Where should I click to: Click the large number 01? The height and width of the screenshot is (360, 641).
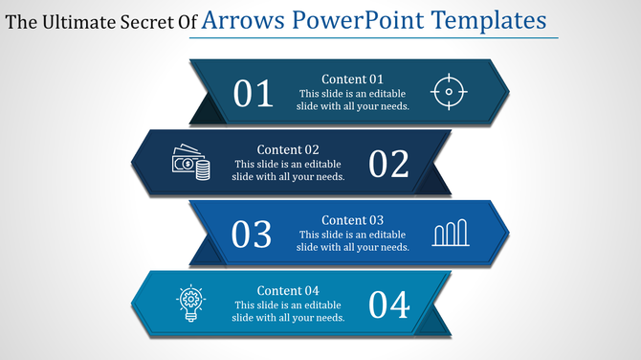tap(254, 93)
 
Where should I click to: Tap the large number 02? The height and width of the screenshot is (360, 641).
tap(388, 164)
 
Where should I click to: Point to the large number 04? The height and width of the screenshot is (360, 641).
tap(388, 304)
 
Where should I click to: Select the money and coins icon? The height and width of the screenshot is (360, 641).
tap(190, 163)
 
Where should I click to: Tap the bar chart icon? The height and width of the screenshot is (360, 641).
tap(450, 234)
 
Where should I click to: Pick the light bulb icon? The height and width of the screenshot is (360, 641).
tap(190, 304)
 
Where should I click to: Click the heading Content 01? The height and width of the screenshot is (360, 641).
tap(352, 79)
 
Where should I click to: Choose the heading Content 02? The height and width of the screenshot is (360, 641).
tap(288, 149)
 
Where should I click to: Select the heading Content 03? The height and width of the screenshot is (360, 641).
tap(352, 220)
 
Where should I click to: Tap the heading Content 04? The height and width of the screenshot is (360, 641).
tap(288, 291)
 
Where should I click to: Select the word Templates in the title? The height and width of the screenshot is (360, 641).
tap(490, 20)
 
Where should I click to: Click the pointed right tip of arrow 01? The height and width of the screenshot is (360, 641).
tap(508, 91)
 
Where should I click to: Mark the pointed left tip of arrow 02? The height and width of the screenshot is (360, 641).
tap(131, 162)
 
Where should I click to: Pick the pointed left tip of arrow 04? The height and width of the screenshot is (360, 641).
tap(131, 303)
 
